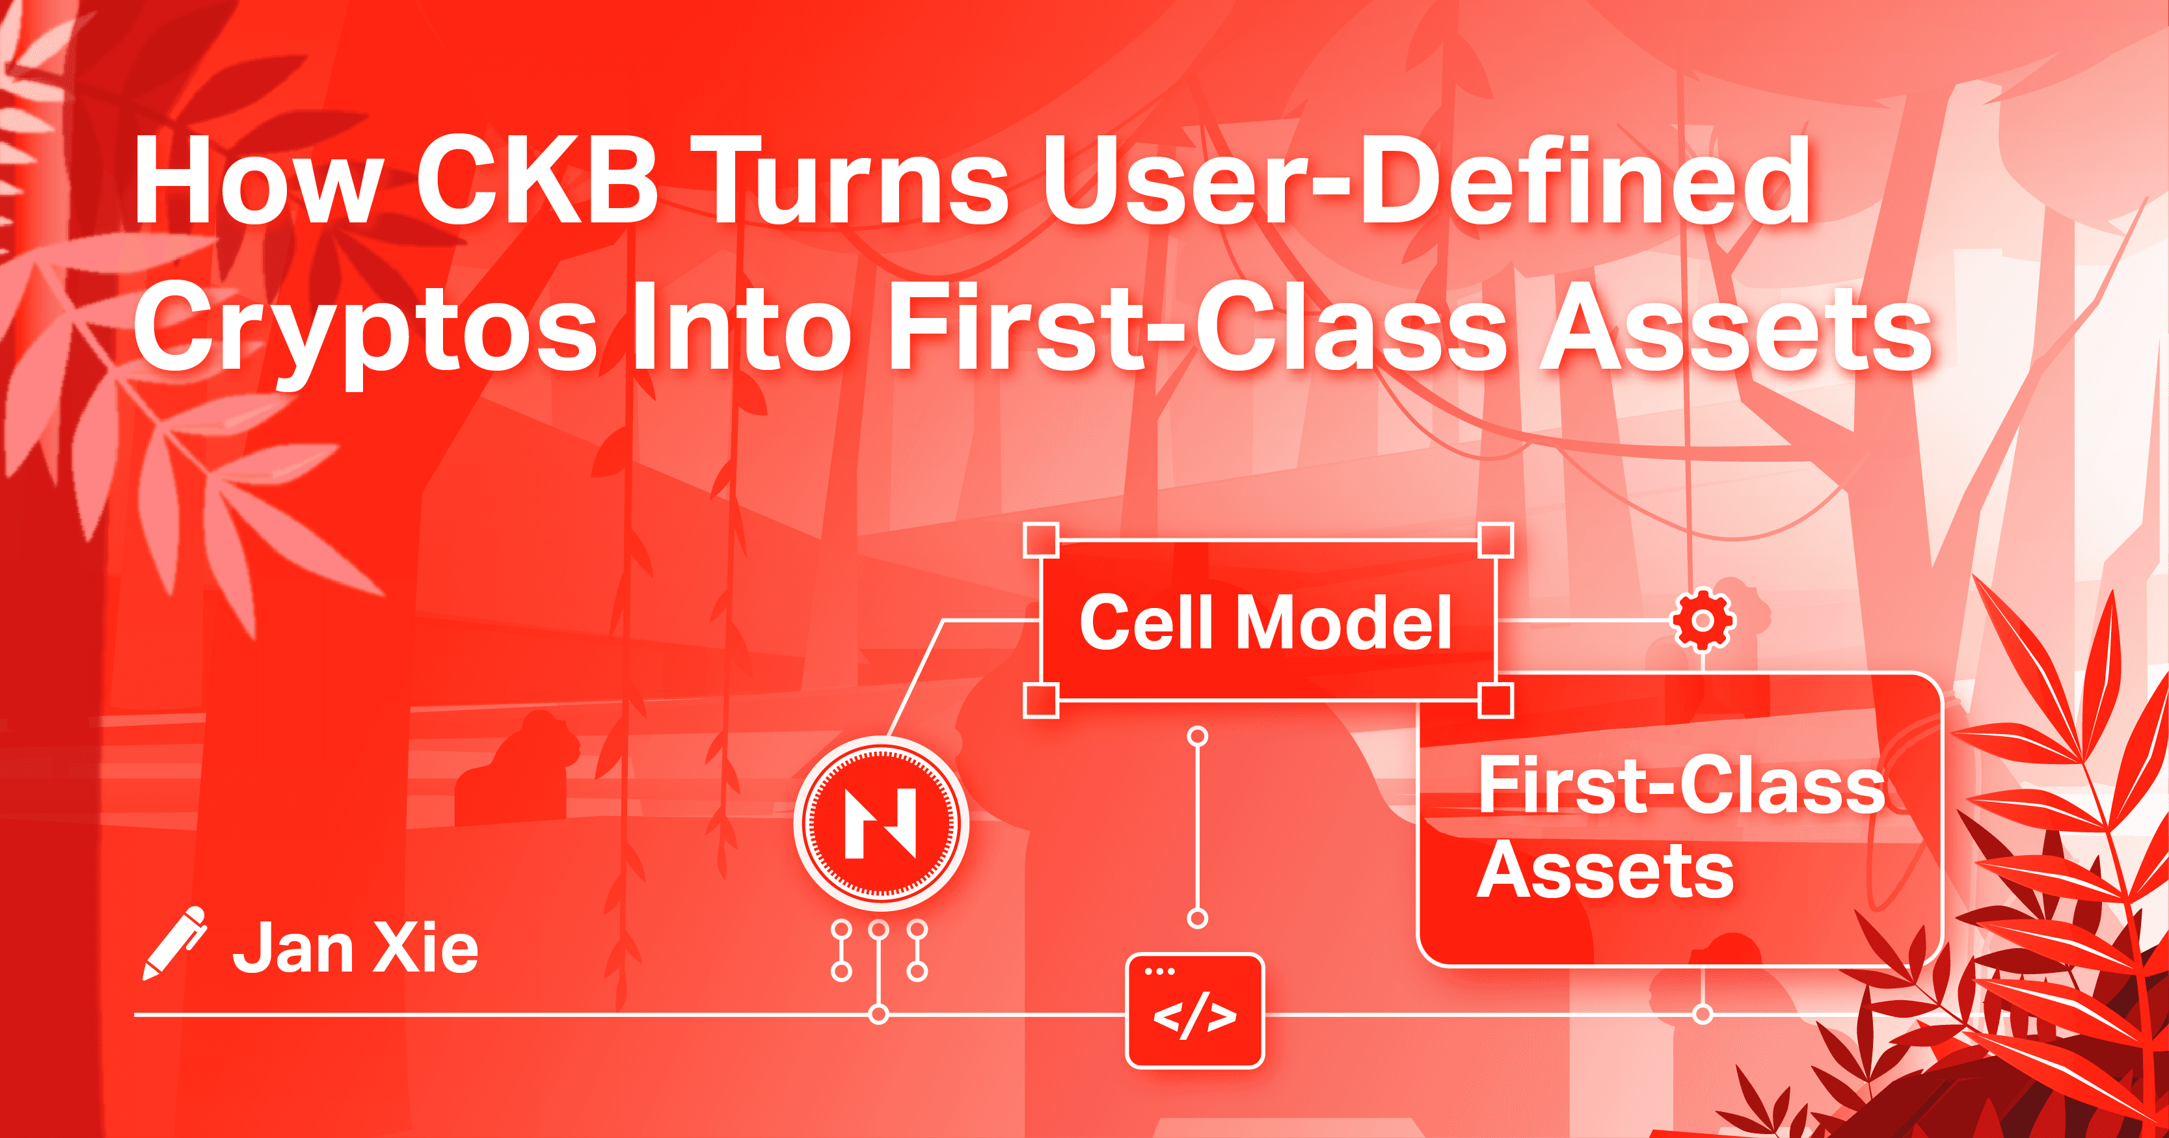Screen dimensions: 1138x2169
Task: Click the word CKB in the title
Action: coord(536,181)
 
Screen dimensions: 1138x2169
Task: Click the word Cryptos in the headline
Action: coord(364,328)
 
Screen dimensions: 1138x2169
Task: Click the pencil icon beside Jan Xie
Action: coord(174,943)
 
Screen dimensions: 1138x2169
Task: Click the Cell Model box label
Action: coord(1265,622)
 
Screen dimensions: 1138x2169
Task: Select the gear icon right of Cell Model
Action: coord(1703,621)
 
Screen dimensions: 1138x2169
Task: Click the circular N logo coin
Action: coord(881,823)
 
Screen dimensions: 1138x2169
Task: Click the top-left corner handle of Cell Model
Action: coord(1041,540)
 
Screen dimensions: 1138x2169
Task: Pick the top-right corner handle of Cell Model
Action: coord(1496,540)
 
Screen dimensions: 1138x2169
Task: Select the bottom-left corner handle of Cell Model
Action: coord(1041,700)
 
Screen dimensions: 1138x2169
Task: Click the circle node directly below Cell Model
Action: coord(1197,737)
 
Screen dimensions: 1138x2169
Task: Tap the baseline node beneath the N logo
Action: coord(879,1014)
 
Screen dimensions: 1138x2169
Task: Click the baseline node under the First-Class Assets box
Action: coord(1703,1014)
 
